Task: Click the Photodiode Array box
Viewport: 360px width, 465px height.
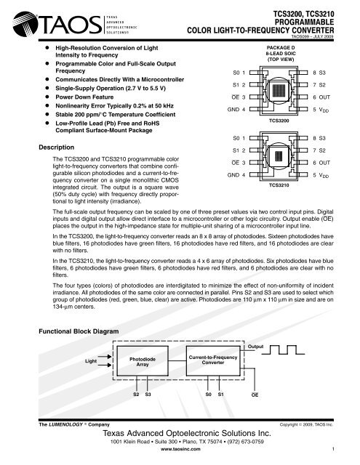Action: pos(142,361)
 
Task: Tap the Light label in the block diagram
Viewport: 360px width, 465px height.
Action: pos(90,361)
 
